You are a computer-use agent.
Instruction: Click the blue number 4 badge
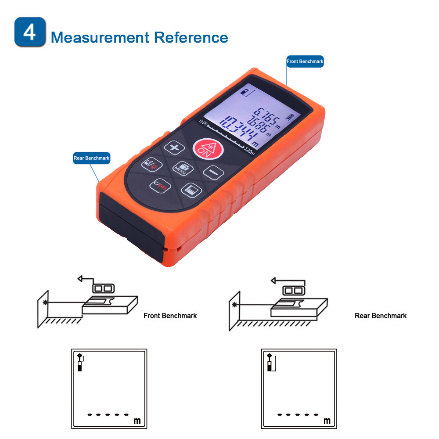[30, 32]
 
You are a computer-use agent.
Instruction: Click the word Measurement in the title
[100, 37]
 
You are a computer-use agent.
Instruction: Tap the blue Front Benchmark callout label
[305, 61]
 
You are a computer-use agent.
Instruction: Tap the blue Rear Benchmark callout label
[92, 158]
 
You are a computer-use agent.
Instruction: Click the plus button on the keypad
[174, 148]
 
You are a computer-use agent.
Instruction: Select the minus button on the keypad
[213, 173]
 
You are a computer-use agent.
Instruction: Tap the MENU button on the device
[183, 168]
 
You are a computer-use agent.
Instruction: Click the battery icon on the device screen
[290, 117]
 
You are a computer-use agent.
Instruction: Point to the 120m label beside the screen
[249, 151]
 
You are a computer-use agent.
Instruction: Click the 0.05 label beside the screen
[203, 122]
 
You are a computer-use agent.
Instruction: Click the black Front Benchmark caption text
[170, 316]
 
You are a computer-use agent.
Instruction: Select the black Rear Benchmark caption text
[381, 316]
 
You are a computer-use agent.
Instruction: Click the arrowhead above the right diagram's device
[273, 280]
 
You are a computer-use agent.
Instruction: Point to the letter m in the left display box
[137, 421]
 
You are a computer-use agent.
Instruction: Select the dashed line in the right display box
[298, 415]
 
